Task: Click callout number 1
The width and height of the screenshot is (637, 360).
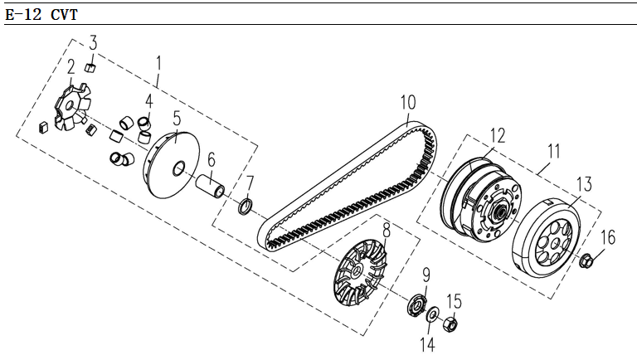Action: pos(160,62)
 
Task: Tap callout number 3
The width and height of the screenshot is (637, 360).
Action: pos(93,41)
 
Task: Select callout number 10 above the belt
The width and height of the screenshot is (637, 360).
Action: pos(406,103)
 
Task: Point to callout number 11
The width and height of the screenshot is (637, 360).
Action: pos(553,152)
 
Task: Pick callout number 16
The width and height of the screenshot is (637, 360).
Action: pos(608,238)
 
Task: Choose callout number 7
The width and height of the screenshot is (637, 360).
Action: pos(249,182)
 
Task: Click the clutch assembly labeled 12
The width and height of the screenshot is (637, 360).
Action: pos(482,199)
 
